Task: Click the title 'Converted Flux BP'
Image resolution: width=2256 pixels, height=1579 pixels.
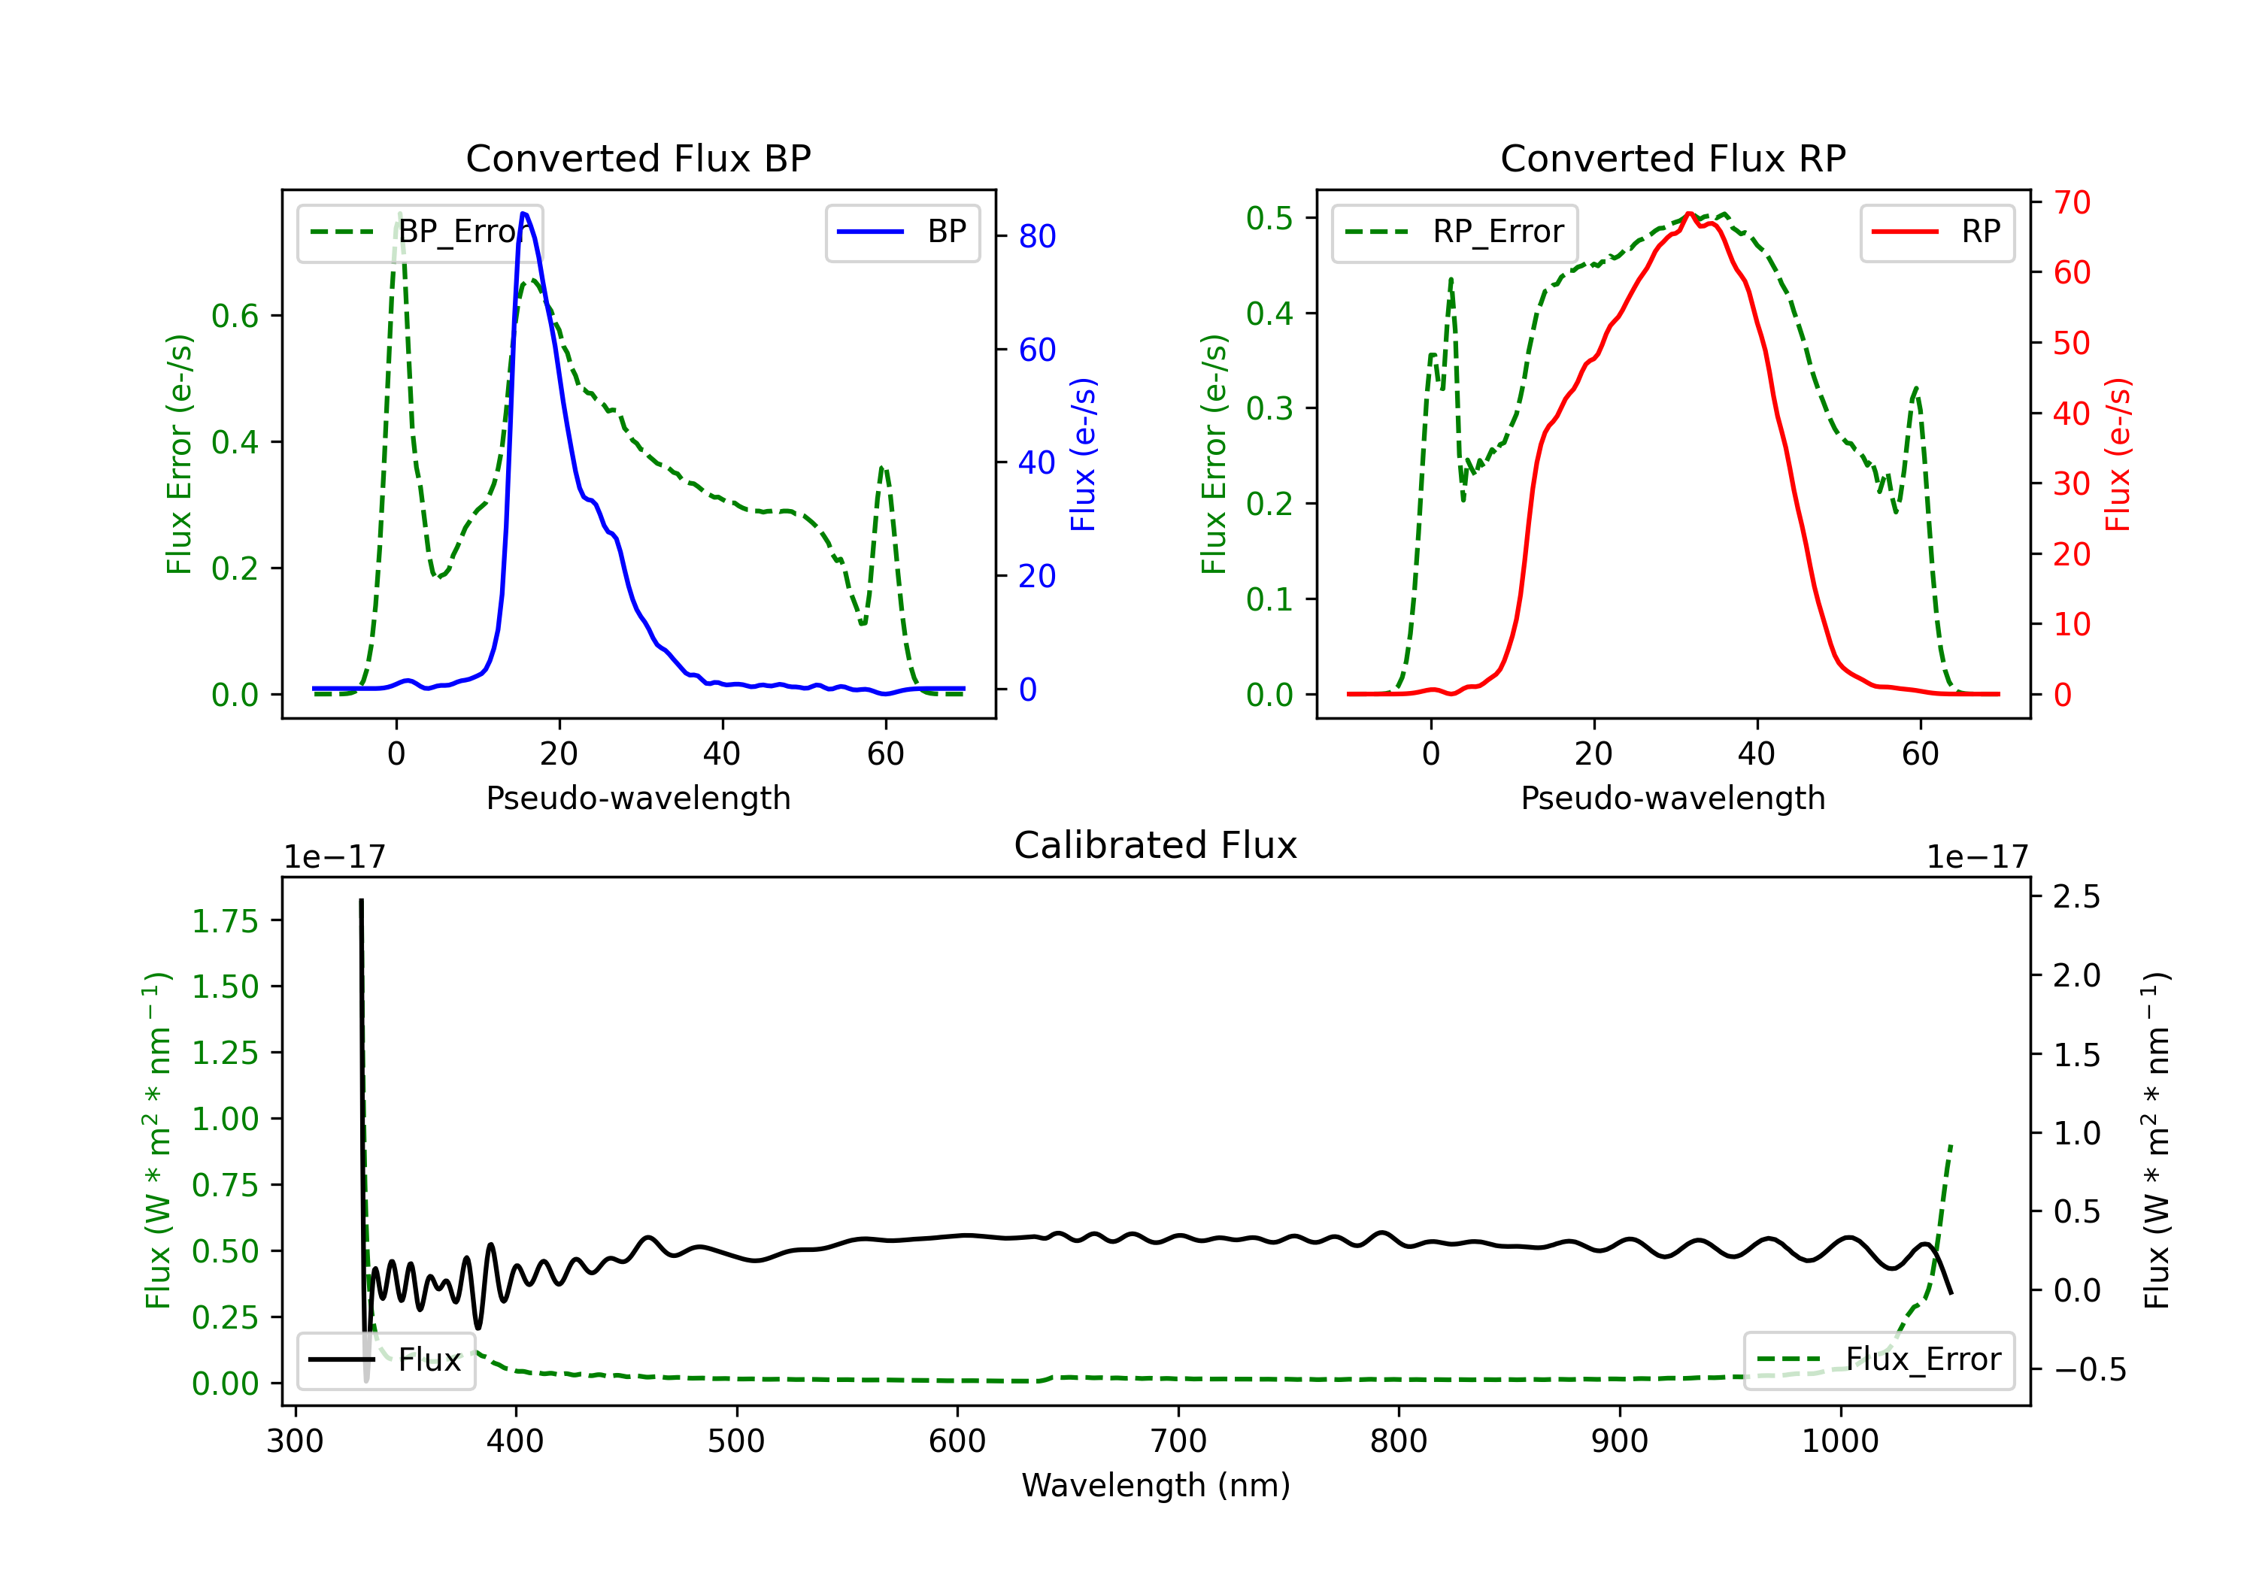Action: tap(638, 158)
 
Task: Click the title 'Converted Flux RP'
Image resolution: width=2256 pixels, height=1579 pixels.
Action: tap(1672, 158)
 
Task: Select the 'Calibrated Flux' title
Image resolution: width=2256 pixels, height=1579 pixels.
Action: tap(1156, 845)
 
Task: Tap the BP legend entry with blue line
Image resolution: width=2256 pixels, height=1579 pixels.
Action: tap(902, 232)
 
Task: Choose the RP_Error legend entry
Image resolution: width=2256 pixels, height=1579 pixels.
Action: tap(1454, 232)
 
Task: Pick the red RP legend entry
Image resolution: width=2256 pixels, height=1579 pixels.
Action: tap(1936, 232)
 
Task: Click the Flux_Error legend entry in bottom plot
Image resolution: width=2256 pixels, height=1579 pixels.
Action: tap(1878, 1360)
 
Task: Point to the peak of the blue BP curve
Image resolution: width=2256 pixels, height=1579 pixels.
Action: tap(523, 214)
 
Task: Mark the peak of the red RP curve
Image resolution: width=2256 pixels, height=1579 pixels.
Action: tap(1689, 214)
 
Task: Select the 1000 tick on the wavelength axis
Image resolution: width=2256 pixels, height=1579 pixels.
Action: tap(1839, 1441)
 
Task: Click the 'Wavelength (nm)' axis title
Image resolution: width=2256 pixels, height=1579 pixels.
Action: tap(1156, 1485)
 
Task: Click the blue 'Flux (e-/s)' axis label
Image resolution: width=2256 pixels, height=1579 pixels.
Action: tap(1083, 454)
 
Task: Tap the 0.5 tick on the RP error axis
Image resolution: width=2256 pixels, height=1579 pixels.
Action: tap(1269, 218)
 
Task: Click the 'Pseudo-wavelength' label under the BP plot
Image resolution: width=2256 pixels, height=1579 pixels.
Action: tap(638, 798)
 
